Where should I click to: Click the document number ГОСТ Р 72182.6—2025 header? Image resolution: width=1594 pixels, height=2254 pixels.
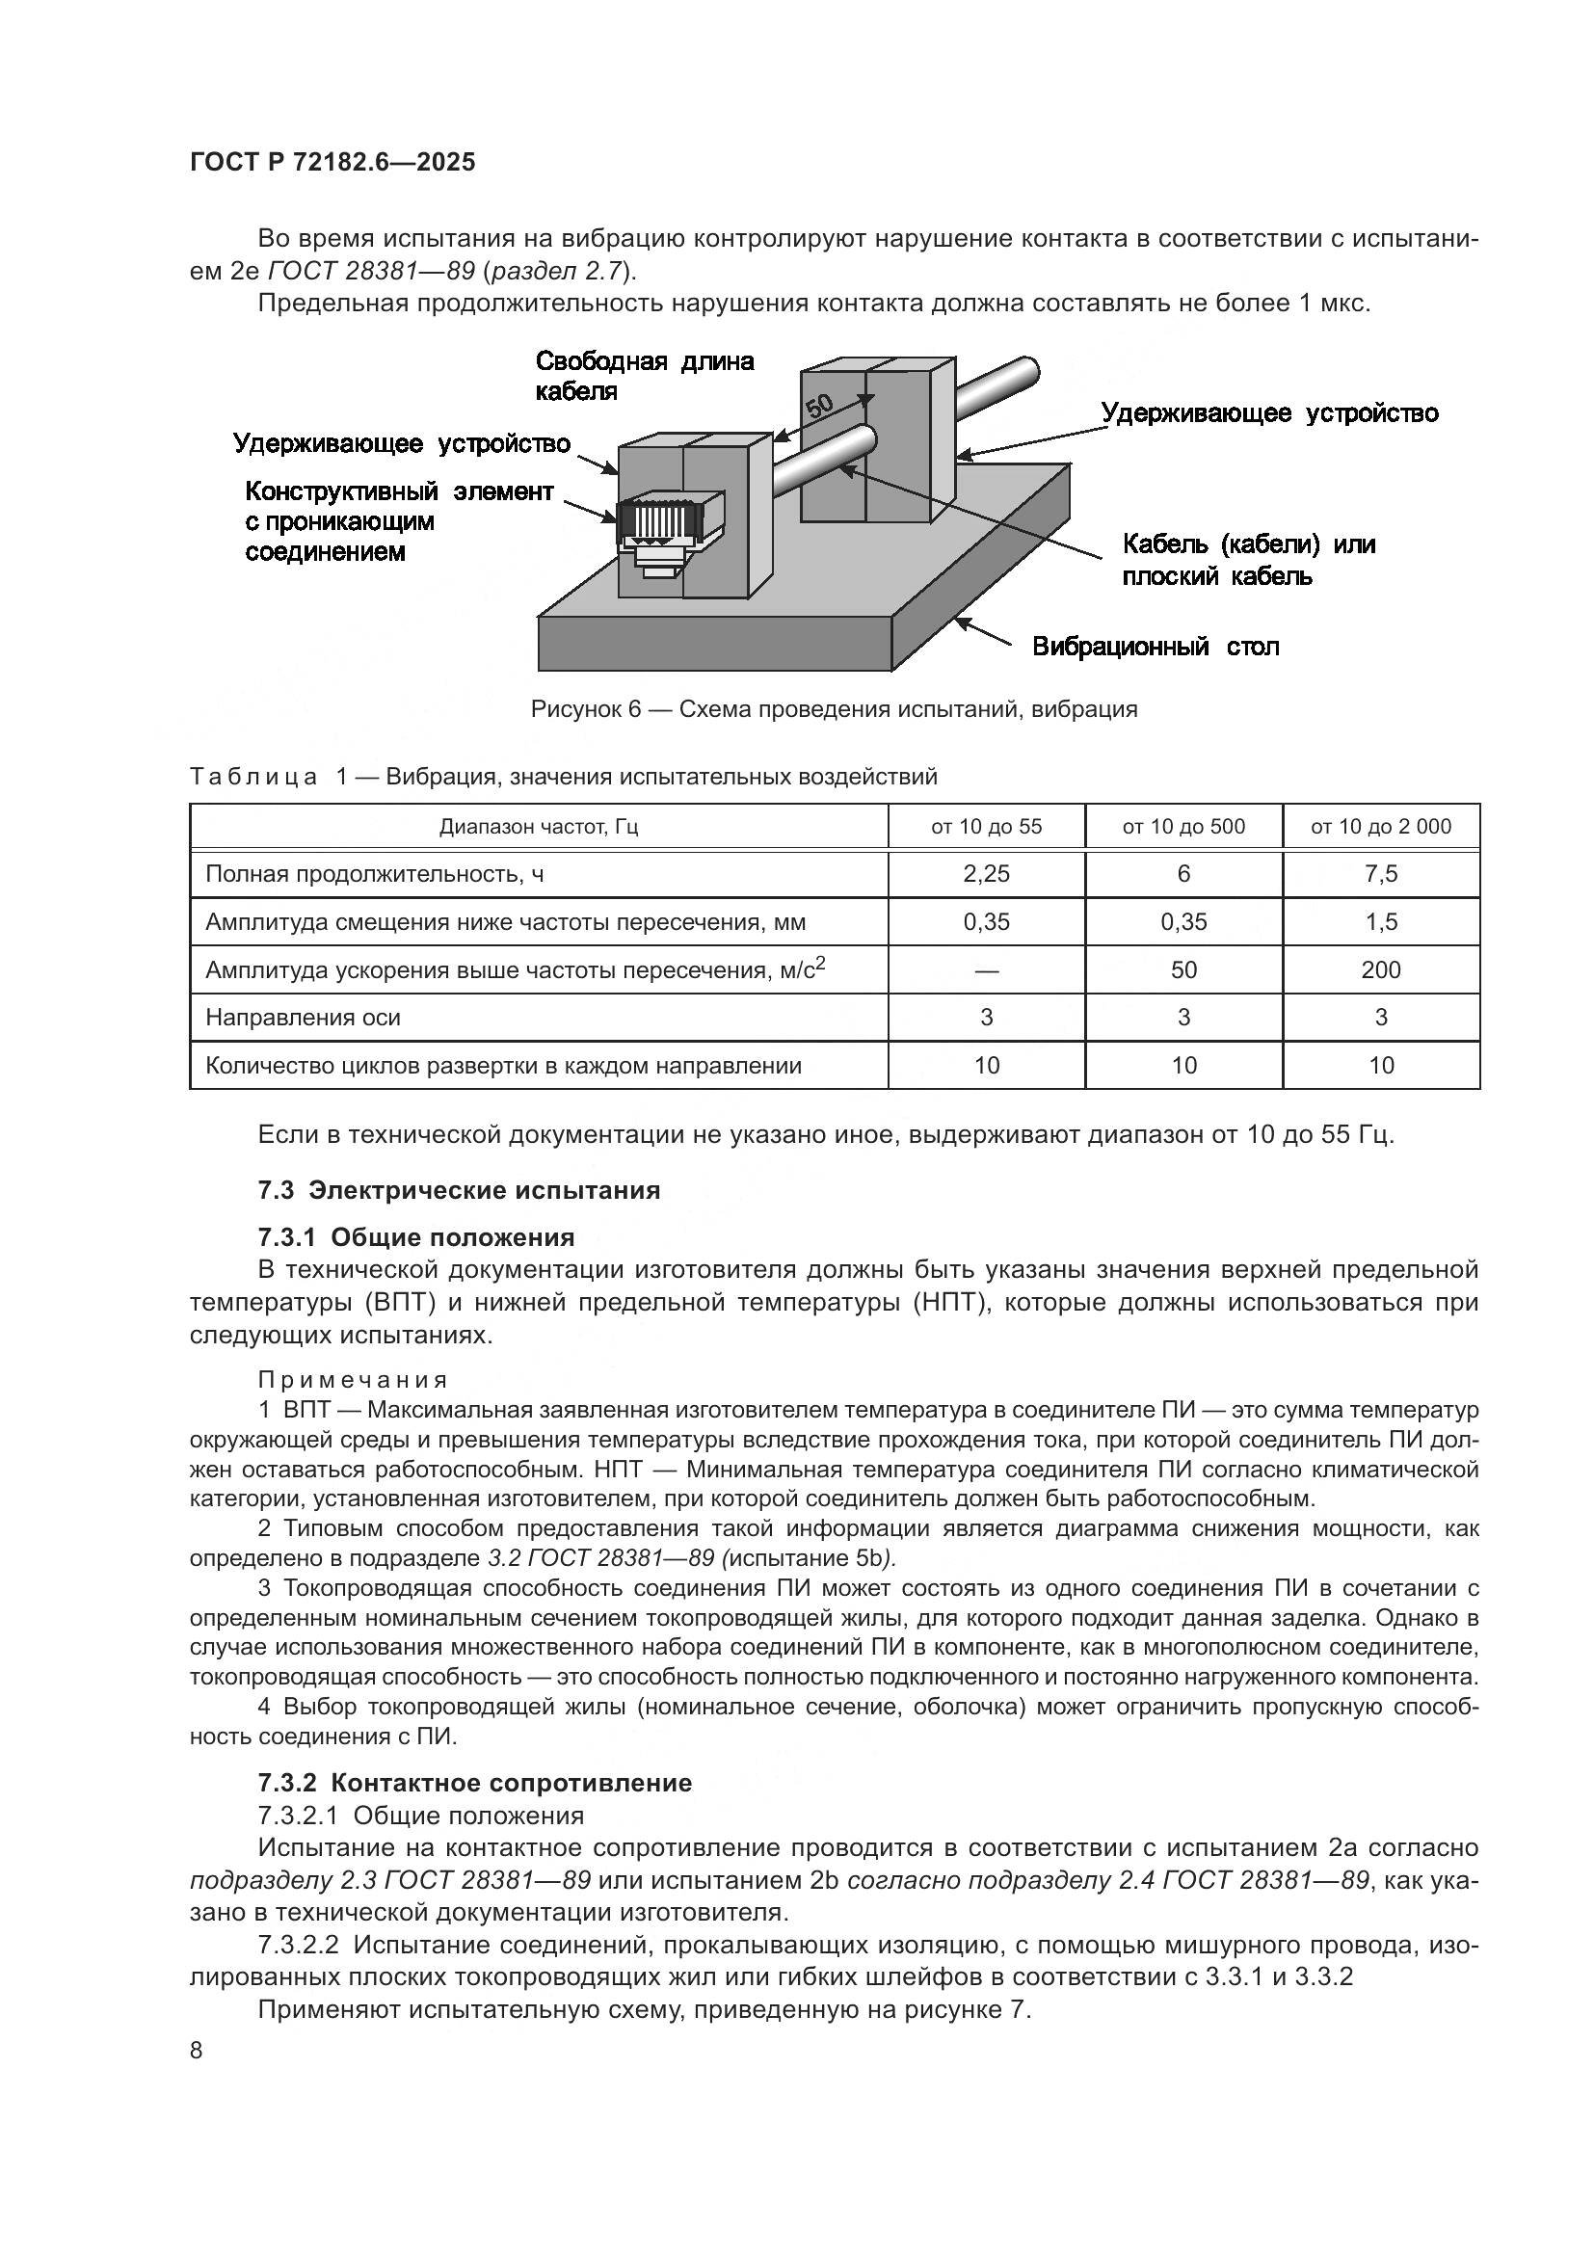[x=332, y=162]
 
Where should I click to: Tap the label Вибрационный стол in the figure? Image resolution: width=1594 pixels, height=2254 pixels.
[x=1156, y=647]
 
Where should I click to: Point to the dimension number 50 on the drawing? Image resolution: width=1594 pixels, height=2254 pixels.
[x=820, y=405]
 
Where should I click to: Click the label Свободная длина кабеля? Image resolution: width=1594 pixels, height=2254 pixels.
[x=644, y=376]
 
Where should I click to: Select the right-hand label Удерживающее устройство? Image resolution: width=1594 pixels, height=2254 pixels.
[x=1269, y=413]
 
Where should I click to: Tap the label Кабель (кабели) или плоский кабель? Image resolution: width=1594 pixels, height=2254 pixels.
[x=1247, y=560]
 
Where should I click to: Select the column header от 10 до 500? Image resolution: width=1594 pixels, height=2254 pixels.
[x=1182, y=827]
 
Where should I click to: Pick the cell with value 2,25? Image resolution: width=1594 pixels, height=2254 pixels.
[x=986, y=874]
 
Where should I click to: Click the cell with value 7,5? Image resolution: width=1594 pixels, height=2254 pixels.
[x=1380, y=874]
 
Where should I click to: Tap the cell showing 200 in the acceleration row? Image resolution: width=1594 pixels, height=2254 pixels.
[x=1380, y=970]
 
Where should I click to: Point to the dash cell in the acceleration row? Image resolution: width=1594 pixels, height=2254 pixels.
[x=986, y=970]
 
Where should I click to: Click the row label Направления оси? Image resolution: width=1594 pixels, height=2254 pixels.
[x=303, y=1017]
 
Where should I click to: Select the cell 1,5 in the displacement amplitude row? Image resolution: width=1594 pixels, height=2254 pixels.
[x=1380, y=922]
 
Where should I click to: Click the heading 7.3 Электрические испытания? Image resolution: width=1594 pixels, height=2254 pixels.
[x=459, y=1190]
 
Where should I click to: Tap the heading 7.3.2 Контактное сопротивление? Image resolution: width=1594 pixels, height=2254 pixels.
[x=474, y=1783]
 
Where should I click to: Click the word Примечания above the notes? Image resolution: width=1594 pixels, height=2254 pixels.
[x=353, y=1380]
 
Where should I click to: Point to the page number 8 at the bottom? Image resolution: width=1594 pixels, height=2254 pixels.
[x=197, y=2050]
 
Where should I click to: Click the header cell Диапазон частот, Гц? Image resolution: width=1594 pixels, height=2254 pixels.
[x=538, y=827]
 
